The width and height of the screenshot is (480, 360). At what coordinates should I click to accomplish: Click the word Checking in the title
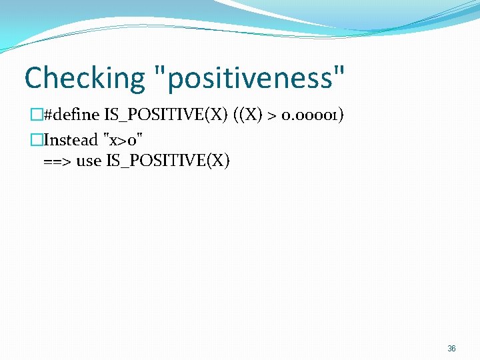click(x=83, y=79)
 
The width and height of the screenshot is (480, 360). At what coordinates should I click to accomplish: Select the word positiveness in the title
click(x=249, y=79)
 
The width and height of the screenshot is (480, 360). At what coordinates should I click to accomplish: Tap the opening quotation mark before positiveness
click(x=159, y=71)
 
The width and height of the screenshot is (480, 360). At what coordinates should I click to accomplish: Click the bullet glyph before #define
click(x=37, y=115)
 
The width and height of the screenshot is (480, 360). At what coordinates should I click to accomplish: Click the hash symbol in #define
click(x=47, y=115)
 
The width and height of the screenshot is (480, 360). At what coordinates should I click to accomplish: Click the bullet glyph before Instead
click(x=37, y=140)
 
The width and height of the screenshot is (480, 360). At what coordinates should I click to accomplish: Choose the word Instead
click(x=70, y=140)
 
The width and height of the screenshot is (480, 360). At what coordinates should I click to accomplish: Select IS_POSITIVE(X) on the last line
click(x=167, y=161)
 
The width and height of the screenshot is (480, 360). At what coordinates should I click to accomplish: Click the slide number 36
click(x=451, y=349)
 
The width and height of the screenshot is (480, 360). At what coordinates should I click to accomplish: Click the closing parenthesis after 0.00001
click(x=341, y=115)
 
